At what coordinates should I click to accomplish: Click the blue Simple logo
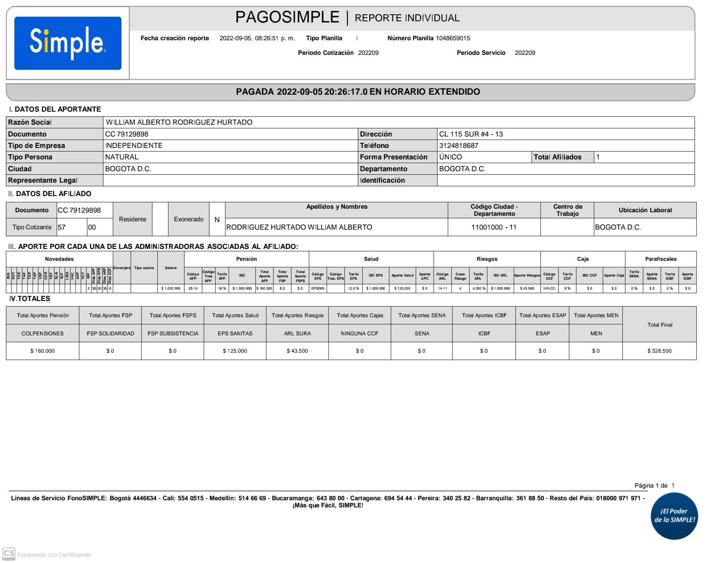[68, 43]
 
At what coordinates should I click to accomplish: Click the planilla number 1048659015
[453, 38]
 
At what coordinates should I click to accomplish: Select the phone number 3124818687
[459, 146]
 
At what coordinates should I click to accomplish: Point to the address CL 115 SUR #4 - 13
[471, 134]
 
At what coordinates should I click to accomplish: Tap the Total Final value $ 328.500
[659, 351]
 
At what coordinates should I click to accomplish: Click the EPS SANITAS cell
[235, 333]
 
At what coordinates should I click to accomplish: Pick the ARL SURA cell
[297, 333]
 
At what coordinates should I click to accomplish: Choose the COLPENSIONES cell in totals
[43, 333]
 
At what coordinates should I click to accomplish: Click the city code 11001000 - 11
[494, 227]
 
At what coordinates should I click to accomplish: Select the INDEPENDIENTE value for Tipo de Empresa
[134, 146]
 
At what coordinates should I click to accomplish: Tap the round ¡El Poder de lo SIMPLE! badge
[674, 516]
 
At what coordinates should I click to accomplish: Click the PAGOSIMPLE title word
[287, 17]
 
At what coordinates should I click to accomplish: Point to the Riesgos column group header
[487, 259]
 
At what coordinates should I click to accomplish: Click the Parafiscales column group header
[661, 259]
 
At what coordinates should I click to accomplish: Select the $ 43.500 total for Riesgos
[297, 351]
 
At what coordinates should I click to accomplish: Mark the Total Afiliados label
[557, 157]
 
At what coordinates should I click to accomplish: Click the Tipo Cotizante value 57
[62, 227]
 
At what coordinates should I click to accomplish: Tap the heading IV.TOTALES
[30, 299]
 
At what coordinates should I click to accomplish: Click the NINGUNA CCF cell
[359, 333]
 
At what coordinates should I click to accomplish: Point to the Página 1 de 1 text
[654, 485]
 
